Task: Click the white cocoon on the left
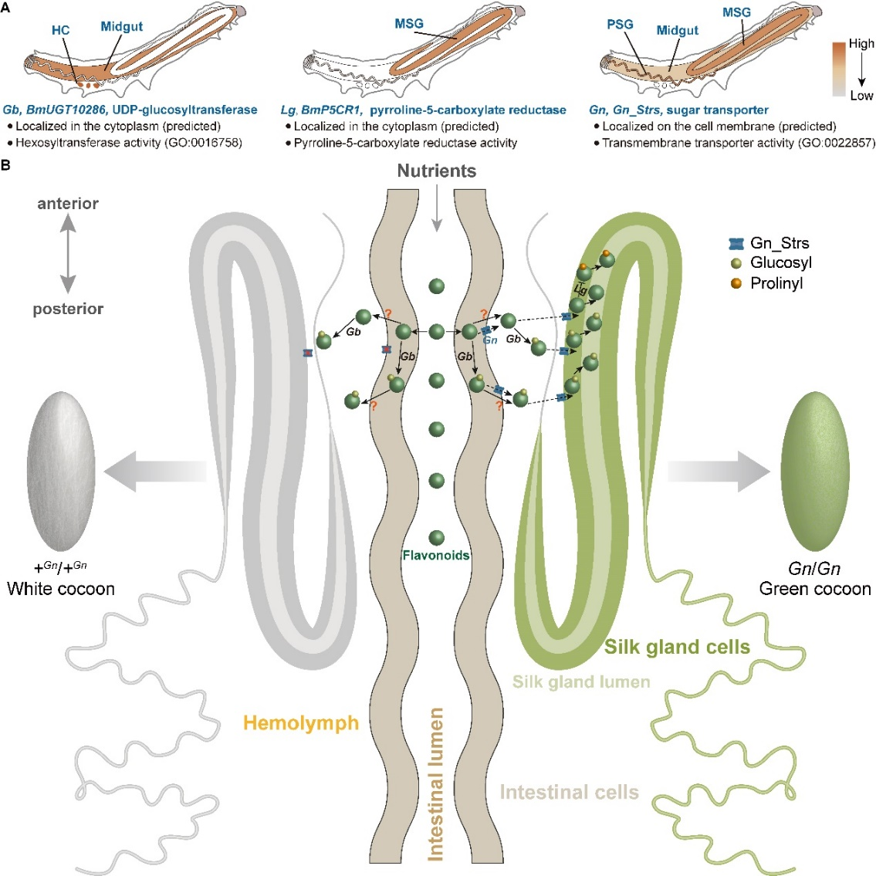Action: [60, 471]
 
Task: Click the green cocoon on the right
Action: [815, 471]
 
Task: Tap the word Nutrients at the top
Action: [437, 171]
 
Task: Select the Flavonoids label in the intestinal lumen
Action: [436, 555]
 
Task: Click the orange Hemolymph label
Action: [301, 723]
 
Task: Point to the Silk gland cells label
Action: [677, 647]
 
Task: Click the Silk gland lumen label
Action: [581, 682]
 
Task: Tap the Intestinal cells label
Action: [569, 792]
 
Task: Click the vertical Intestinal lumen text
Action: [436, 783]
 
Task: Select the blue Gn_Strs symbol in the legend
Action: [736, 244]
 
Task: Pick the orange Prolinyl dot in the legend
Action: [736, 283]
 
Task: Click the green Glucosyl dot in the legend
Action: [736, 263]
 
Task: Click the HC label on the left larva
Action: [61, 30]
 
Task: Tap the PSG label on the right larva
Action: [620, 24]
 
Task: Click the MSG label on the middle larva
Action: [409, 23]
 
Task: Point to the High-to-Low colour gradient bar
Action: [839, 69]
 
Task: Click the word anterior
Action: [68, 204]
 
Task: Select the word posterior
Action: [68, 309]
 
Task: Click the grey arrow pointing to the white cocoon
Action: [154, 471]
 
